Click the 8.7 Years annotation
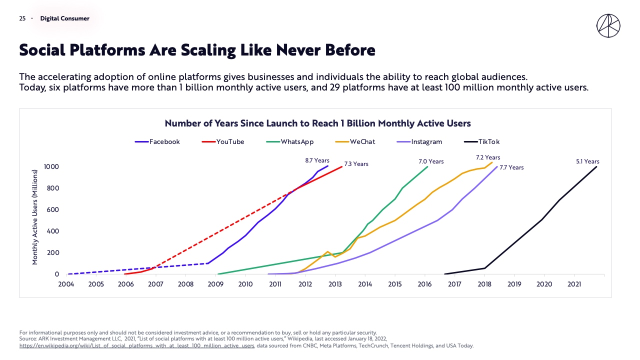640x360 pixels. (x=316, y=161)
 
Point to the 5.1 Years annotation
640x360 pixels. (x=587, y=161)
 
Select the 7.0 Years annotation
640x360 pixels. (x=431, y=161)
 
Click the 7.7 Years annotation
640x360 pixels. (x=511, y=167)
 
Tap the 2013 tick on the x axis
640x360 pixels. (x=335, y=284)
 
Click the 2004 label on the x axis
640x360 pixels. (x=66, y=284)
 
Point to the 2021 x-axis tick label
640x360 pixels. (x=574, y=284)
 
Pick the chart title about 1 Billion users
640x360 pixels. (x=317, y=123)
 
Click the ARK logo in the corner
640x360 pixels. (x=608, y=26)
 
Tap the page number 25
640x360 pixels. (x=22, y=18)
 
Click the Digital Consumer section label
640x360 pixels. (x=64, y=18)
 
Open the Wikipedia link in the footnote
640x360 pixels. (x=136, y=345)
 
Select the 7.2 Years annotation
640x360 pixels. (x=488, y=157)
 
